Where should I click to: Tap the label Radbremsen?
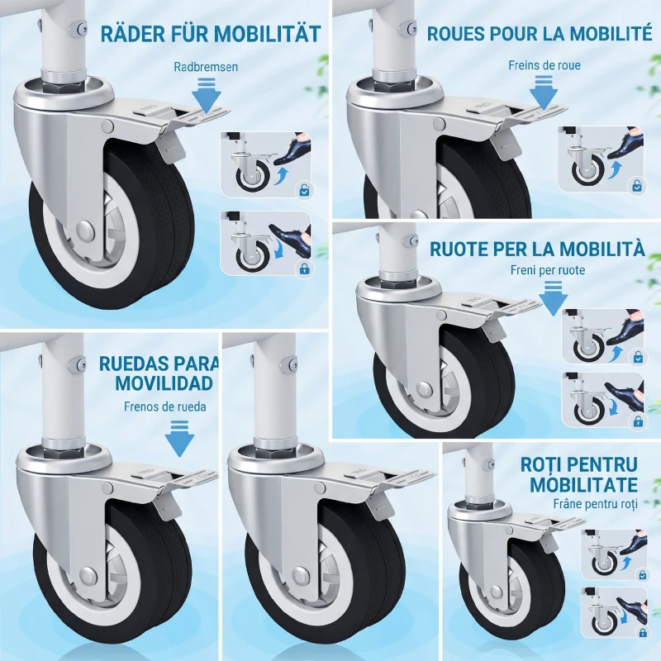pos(206,67)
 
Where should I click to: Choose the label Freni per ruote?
pos(548,270)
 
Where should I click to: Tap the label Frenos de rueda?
pos(165,406)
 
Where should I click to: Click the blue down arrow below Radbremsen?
pos(207,93)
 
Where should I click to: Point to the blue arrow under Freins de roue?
pos(543,89)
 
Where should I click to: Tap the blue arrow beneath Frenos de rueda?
pos(178,437)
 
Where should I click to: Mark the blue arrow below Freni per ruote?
pos(552,297)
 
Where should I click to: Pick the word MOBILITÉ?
pos(603,34)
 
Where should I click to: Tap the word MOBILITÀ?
pos(593,249)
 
